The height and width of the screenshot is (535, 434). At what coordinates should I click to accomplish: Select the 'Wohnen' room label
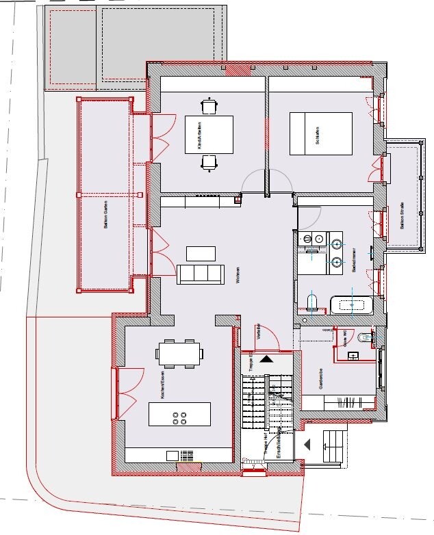coord(235,274)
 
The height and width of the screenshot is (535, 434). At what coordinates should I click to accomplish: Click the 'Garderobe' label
coord(320,378)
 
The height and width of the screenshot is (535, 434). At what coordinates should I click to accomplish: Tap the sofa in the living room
coord(199,274)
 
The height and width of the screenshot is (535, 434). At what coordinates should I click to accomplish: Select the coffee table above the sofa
coord(201,253)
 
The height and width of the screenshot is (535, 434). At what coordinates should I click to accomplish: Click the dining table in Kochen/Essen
coord(180,353)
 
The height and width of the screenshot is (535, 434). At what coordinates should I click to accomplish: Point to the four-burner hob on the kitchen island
coord(180,418)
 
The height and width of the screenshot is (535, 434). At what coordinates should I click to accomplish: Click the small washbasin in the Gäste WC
coord(353,356)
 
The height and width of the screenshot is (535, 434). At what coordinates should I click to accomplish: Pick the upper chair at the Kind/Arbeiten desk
coord(209,106)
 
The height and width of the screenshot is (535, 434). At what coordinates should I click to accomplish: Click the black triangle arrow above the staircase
coord(266,358)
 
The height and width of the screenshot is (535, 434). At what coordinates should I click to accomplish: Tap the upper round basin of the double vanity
coord(337,243)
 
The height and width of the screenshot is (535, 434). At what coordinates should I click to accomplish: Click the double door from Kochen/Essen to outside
coord(129,393)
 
